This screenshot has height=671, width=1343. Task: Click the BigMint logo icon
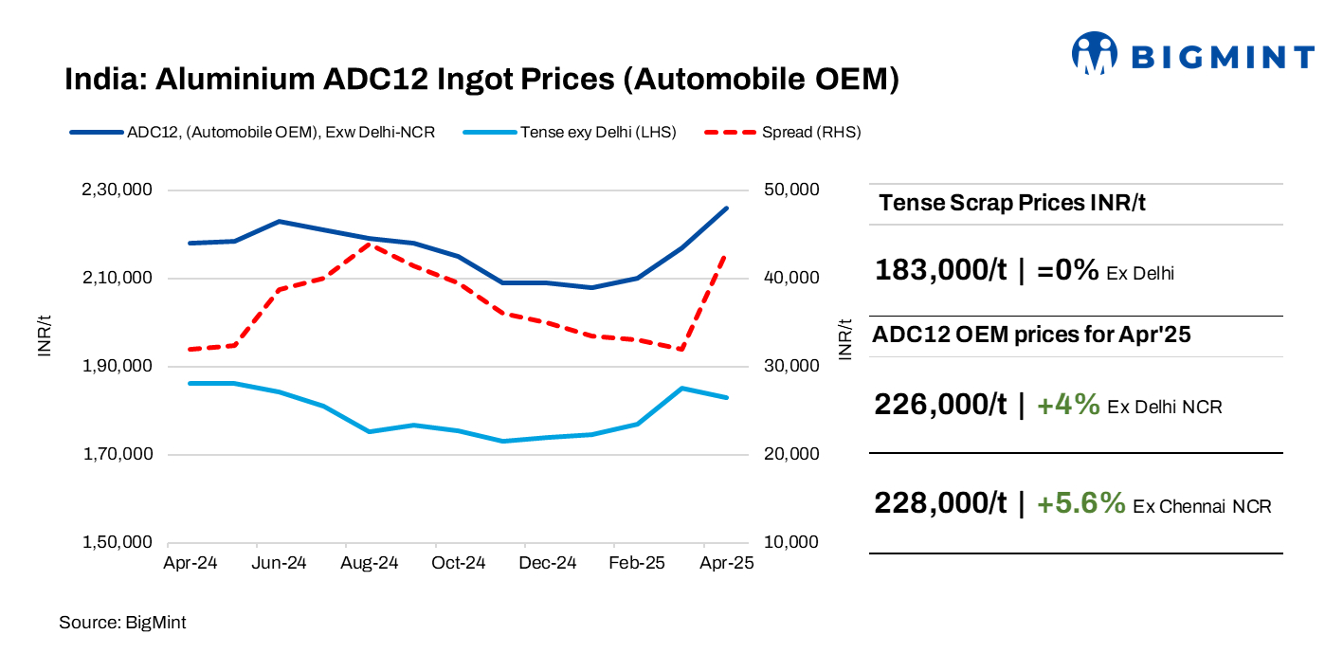point(1096,54)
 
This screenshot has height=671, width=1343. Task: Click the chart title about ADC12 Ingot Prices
point(481,80)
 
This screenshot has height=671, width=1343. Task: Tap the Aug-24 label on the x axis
point(369,563)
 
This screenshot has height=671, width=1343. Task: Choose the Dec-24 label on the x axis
point(548,563)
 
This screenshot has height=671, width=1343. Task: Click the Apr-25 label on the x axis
point(726,563)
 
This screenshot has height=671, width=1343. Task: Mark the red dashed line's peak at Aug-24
point(370,243)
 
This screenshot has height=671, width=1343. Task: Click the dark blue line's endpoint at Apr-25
point(727,209)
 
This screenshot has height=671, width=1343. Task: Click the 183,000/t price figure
point(940,270)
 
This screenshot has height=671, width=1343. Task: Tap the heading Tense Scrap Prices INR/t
point(1012,203)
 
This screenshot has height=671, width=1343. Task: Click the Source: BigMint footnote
point(122,623)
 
